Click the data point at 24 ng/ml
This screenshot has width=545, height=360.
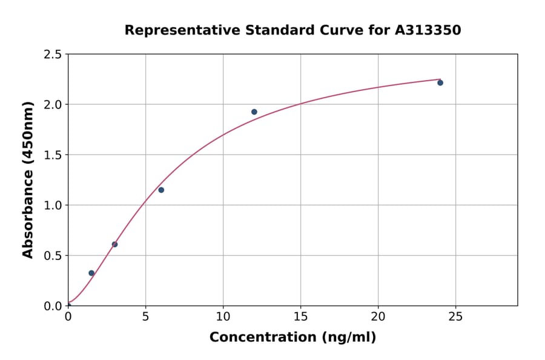pyautogui.click(x=440, y=82)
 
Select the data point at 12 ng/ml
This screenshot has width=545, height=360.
pyautogui.click(x=254, y=112)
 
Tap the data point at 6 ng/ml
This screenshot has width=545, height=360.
pyautogui.click(x=161, y=190)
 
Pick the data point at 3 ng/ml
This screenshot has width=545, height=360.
pyautogui.click(x=114, y=244)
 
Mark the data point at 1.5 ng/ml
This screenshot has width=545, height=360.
pyautogui.click(x=91, y=273)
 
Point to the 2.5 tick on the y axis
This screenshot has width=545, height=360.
pyautogui.click(x=53, y=55)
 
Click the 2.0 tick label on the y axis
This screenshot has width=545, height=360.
pyautogui.click(x=53, y=105)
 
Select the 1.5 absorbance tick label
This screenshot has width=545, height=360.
pyautogui.click(x=53, y=155)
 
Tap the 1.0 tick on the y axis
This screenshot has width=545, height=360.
pyautogui.click(x=53, y=205)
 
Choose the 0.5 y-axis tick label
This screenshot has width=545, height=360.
pyautogui.click(x=53, y=256)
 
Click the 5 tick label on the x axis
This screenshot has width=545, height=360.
pyautogui.click(x=145, y=316)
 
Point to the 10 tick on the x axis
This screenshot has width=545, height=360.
pyautogui.click(x=223, y=316)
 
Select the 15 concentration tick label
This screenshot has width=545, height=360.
pyautogui.click(x=300, y=316)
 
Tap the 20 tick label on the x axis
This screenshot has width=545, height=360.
pyautogui.click(x=378, y=316)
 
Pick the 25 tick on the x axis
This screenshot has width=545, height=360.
pyautogui.click(x=455, y=316)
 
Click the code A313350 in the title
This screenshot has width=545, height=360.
pyautogui.click(x=428, y=30)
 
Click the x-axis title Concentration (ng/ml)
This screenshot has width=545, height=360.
pyautogui.click(x=292, y=338)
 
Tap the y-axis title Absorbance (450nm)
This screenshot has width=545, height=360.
pyautogui.click(x=28, y=180)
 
